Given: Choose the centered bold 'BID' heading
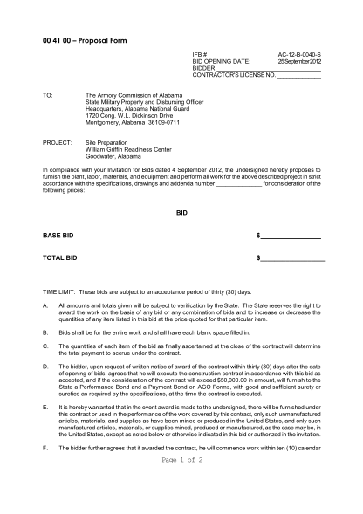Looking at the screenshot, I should pyautogui.click(x=181, y=212).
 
